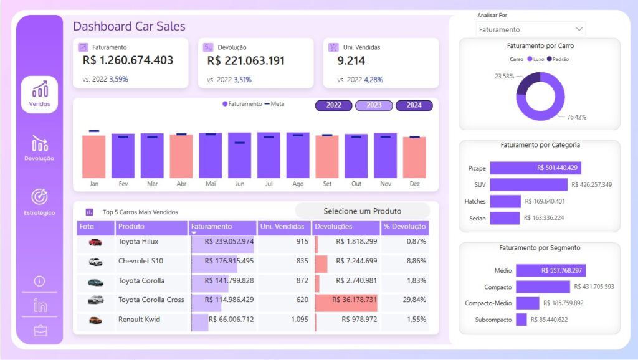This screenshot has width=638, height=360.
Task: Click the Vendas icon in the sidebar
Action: pyautogui.click(x=39, y=90)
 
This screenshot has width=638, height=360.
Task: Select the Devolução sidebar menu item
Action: pyautogui.click(x=39, y=144)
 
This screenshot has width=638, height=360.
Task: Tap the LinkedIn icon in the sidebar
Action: pyautogui.click(x=40, y=305)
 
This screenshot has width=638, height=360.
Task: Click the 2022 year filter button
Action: pyautogui.click(x=334, y=105)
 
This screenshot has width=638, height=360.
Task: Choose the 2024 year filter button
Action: pyautogui.click(x=414, y=105)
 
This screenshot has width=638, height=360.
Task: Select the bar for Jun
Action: pyautogui.click(x=239, y=155)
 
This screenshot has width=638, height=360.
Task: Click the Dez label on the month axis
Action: pyautogui.click(x=414, y=184)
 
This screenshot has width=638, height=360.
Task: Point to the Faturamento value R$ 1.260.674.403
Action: pyautogui.click(x=128, y=60)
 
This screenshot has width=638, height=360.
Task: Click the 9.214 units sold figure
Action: pyautogui.click(x=351, y=60)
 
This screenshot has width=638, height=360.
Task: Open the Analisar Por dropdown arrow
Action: pyautogui.click(x=579, y=29)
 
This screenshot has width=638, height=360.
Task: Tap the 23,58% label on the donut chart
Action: pyautogui.click(x=505, y=76)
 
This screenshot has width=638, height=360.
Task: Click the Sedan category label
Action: pyautogui.click(x=477, y=218)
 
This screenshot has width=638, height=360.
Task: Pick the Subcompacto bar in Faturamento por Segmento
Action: pyautogui.click(x=521, y=320)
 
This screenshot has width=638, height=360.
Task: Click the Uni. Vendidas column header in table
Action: pyautogui.click(x=282, y=227)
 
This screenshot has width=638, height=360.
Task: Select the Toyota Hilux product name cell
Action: pyautogui.click(x=138, y=242)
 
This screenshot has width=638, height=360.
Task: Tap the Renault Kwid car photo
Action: pyautogui.click(x=95, y=320)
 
